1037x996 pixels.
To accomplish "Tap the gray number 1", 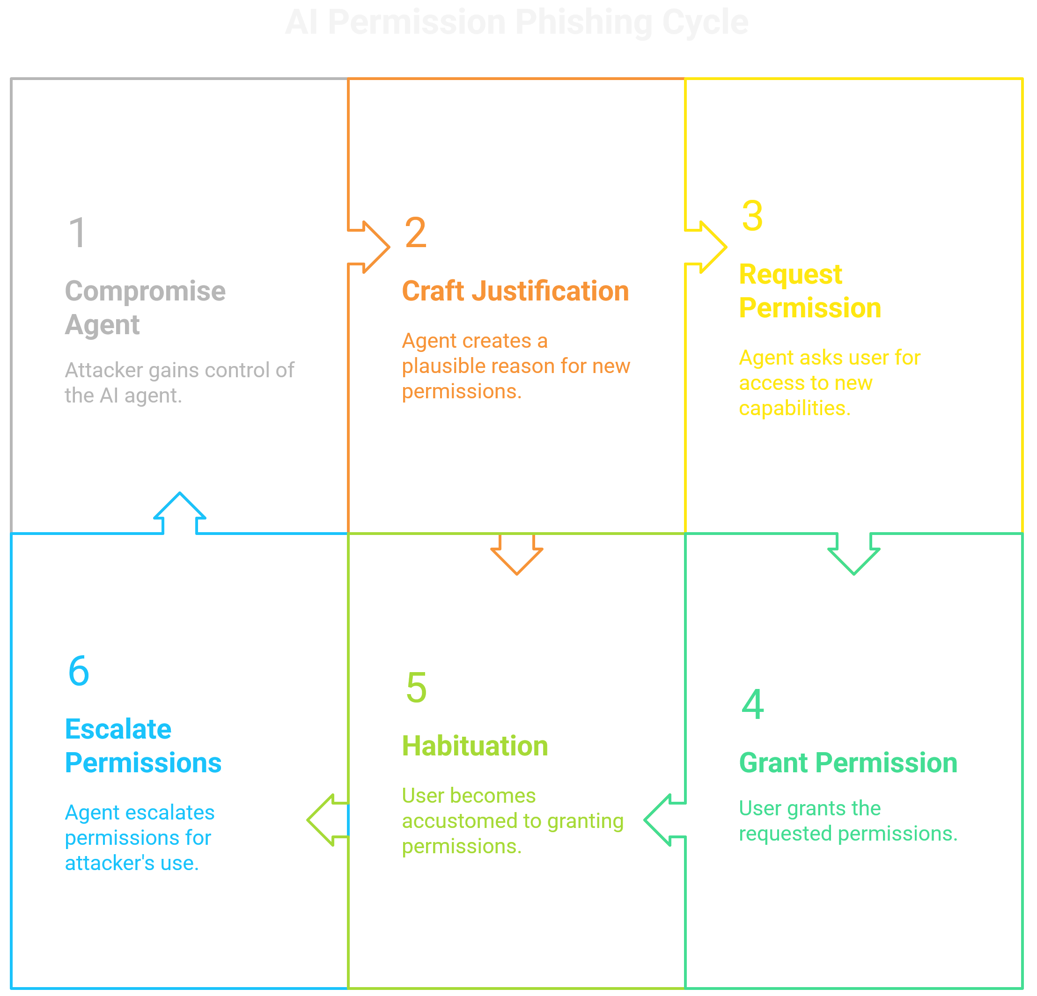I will click(x=78, y=232).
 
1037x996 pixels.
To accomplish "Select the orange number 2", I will click(x=415, y=232).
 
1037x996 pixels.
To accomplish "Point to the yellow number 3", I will click(x=752, y=216).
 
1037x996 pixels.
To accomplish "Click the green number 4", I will click(x=753, y=704).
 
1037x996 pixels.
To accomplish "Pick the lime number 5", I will click(x=416, y=688).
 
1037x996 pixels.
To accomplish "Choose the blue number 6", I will click(x=79, y=671).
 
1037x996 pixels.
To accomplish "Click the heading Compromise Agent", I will click(x=145, y=308).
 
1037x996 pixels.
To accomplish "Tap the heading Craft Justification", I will click(x=515, y=291).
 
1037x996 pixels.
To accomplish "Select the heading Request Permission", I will click(x=809, y=291).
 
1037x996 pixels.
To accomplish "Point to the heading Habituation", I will click(x=475, y=746).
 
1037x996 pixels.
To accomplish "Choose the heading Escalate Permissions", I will click(x=143, y=746).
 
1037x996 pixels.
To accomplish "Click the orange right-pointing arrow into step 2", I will click(x=370, y=247).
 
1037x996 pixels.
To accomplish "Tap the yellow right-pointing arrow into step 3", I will click(x=708, y=247).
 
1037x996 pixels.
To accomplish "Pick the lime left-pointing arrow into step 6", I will click(x=327, y=820).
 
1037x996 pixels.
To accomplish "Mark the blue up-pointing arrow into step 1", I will click(x=179, y=513).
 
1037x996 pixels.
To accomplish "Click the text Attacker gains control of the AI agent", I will click(x=179, y=382).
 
